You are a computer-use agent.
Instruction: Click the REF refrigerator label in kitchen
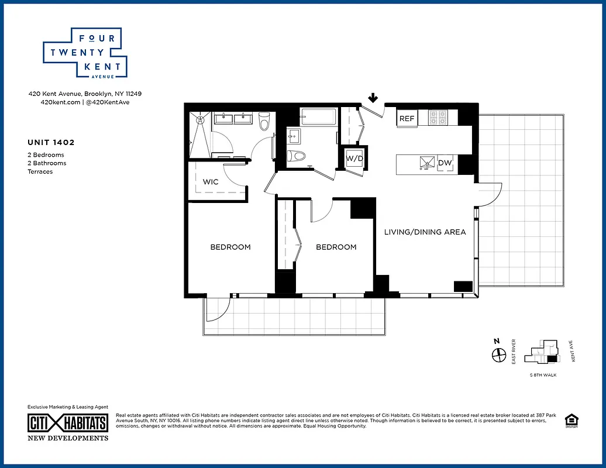point(407,119)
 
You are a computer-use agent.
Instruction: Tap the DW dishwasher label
point(445,163)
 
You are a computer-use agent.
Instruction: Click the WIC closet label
point(211,182)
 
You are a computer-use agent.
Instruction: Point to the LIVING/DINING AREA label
point(425,232)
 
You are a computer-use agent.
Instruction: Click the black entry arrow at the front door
point(373,98)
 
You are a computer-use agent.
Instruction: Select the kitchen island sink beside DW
point(425,163)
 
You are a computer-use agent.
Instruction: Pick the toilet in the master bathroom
point(263,121)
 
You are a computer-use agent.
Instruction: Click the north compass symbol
point(498,355)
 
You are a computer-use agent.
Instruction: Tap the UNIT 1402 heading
point(51,142)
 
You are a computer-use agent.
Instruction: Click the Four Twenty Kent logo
point(82,53)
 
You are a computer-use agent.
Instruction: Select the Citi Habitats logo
point(68,423)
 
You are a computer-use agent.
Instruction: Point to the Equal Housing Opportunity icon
point(570,421)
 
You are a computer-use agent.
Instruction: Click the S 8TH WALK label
point(542,375)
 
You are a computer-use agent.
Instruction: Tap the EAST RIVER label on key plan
point(513,352)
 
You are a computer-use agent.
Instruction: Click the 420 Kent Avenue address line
point(85,94)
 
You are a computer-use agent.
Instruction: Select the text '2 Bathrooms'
point(47,163)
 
